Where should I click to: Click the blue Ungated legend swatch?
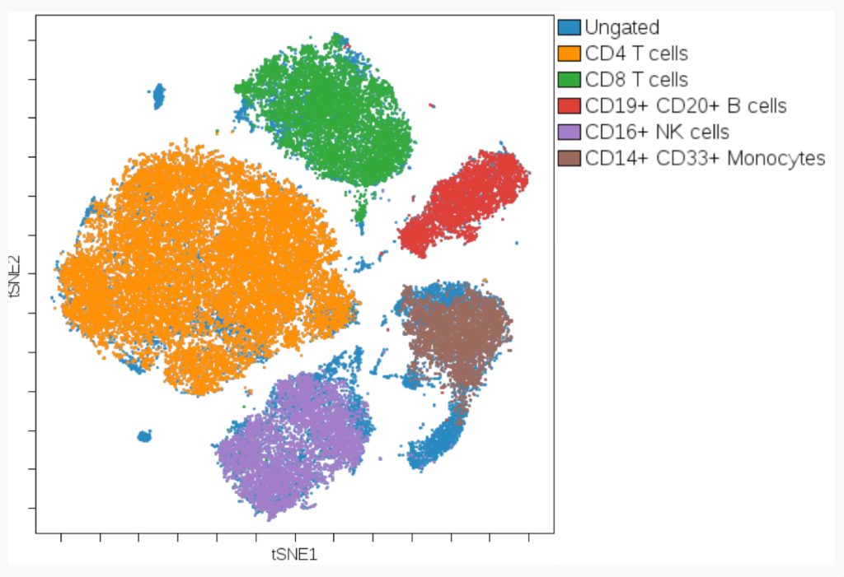[570, 27]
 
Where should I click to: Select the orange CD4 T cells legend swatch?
[570, 54]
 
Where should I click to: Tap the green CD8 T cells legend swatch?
[570, 80]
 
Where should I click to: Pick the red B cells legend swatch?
[570, 105]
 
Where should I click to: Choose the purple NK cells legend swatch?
[570, 132]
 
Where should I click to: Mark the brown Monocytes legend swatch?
[570, 158]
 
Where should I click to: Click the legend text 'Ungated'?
[622, 27]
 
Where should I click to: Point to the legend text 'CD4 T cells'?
[636, 54]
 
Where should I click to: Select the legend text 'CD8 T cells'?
[636, 80]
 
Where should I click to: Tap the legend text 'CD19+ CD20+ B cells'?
[686, 105]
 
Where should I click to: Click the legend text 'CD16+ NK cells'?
[657, 132]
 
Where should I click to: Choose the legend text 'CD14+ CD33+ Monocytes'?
[705, 158]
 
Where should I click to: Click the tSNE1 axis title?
[294, 555]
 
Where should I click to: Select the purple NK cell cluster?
[293, 444]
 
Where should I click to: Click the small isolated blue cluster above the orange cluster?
[159, 95]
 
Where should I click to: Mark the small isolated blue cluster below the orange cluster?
[144, 435]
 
